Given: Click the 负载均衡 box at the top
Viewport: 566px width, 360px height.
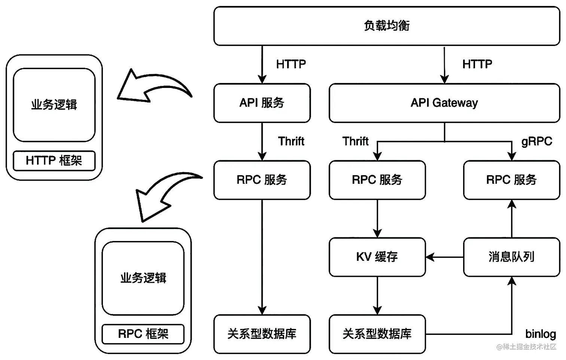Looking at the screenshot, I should pyautogui.click(x=387, y=26).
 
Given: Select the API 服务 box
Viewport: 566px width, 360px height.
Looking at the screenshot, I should pyautogui.click(x=262, y=103).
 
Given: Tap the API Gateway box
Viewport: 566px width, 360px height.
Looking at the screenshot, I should pyautogui.click(x=444, y=103).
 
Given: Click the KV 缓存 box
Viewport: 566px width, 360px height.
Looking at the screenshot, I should pyautogui.click(x=377, y=257).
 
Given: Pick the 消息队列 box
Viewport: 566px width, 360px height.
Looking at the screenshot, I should pyautogui.click(x=511, y=257).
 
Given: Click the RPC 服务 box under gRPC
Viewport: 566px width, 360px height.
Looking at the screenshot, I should pyautogui.click(x=511, y=180).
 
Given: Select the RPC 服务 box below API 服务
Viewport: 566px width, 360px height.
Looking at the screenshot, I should pyautogui.click(x=262, y=180).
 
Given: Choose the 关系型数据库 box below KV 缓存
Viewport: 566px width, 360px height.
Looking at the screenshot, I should pyautogui.click(x=377, y=334).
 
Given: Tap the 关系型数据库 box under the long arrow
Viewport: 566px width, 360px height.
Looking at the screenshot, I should pyautogui.click(x=262, y=334).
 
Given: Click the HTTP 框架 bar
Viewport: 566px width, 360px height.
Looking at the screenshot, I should pyautogui.click(x=54, y=161).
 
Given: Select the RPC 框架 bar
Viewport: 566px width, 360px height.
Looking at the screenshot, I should pyautogui.click(x=143, y=334).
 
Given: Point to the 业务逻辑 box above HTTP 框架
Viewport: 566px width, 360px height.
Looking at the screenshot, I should pyautogui.click(x=54, y=105).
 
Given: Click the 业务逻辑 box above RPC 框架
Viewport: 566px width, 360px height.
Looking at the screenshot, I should pyautogui.click(x=143, y=278).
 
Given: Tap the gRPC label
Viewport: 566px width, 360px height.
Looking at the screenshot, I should pyautogui.click(x=536, y=141).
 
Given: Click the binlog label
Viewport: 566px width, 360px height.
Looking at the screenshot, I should pyautogui.click(x=540, y=334).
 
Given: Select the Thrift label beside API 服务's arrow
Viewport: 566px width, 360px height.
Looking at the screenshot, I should pyautogui.click(x=291, y=141).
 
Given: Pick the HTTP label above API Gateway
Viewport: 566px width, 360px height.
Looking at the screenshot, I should pyautogui.click(x=477, y=64).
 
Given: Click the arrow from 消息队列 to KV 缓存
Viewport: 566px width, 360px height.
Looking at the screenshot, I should pyautogui.click(x=444, y=257).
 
